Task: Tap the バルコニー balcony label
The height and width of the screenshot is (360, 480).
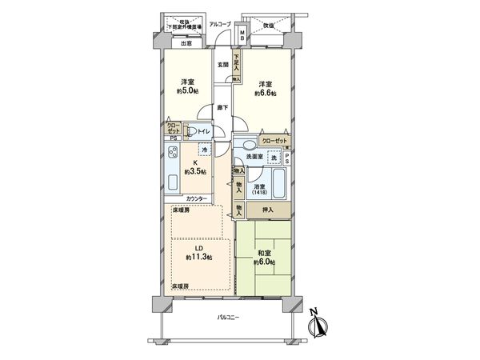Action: click(228, 318)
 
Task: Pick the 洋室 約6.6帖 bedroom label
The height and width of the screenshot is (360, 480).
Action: click(266, 87)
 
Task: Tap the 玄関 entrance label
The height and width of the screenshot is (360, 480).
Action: click(223, 65)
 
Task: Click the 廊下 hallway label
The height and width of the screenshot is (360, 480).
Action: click(224, 108)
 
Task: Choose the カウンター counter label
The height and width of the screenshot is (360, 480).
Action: click(197, 198)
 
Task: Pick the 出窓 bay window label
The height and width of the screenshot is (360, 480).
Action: click(186, 43)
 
